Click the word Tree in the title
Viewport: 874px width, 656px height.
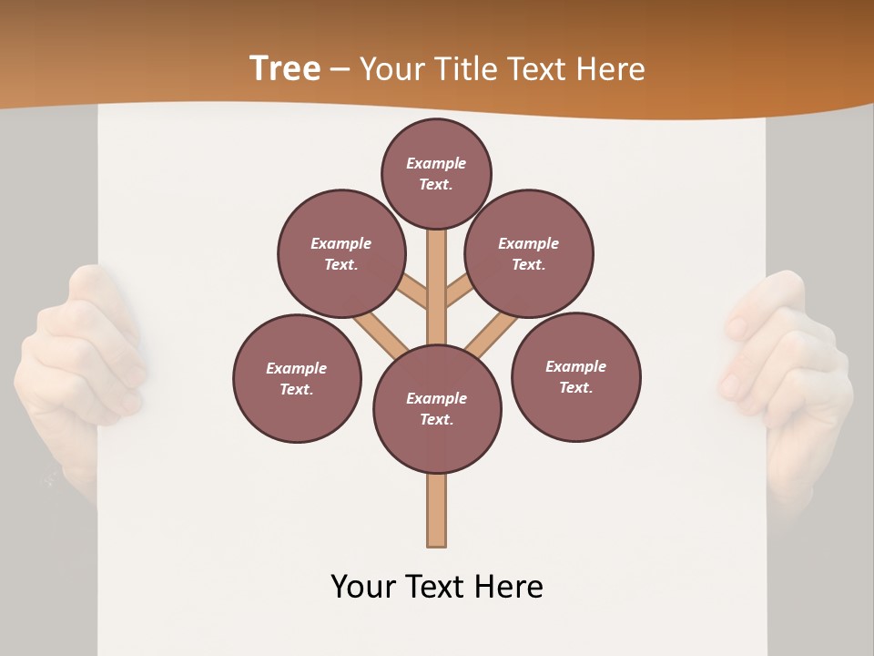(x=285, y=68)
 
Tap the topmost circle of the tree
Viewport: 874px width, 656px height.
(x=436, y=173)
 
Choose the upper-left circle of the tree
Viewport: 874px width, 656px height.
(x=341, y=254)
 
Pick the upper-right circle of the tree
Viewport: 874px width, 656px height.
(x=529, y=254)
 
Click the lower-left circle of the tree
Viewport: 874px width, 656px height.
(x=297, y=379)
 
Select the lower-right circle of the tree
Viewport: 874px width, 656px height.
(x=576, y=377)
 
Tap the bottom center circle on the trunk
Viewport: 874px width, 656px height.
(x=437, y=409)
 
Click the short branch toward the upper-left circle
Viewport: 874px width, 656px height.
(x=414, y=292)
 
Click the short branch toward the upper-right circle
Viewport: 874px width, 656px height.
(x=457, y=291)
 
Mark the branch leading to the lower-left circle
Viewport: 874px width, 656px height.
(x=381, y=333)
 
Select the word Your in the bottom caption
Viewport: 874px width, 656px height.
(x=363, y=587)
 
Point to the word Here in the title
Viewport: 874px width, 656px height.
(x=611, y=69)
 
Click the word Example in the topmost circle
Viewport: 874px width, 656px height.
(x=436, y=164)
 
